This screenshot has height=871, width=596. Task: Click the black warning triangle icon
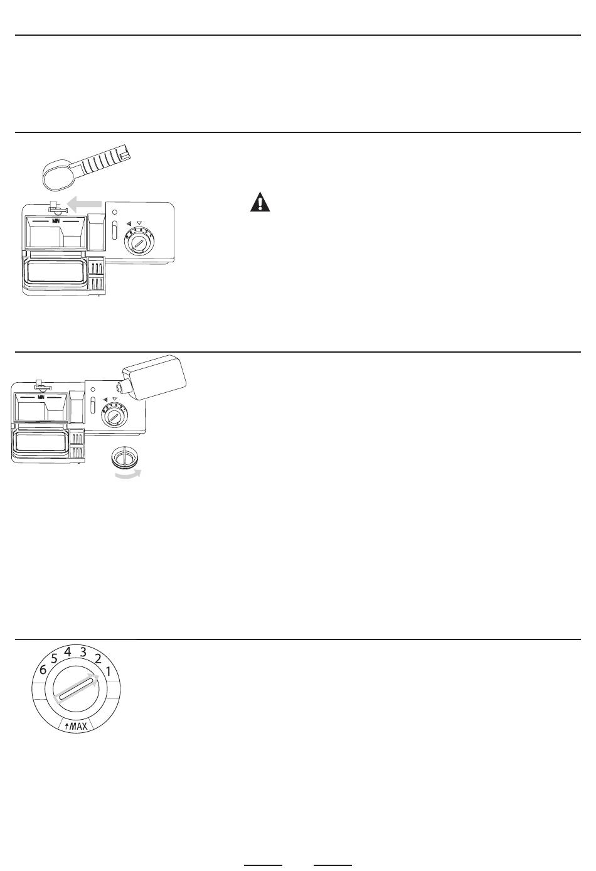[260, 202]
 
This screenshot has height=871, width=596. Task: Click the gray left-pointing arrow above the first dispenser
[85, 204]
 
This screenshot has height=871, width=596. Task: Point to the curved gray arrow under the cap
[128, 475]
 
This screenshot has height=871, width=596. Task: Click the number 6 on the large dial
[43, 670]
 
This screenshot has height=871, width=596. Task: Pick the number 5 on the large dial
[55, 658]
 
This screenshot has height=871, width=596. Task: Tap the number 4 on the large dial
[68, 652]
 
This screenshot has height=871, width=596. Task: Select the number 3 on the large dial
[83, 652]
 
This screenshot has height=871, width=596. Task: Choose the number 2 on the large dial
[98, 658]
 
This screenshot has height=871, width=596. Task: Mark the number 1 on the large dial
[109, 671]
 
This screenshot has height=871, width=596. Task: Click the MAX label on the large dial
[76, 725]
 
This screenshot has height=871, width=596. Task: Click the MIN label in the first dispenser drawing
[56, 221]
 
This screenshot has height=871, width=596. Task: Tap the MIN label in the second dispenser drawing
[41, 397]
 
